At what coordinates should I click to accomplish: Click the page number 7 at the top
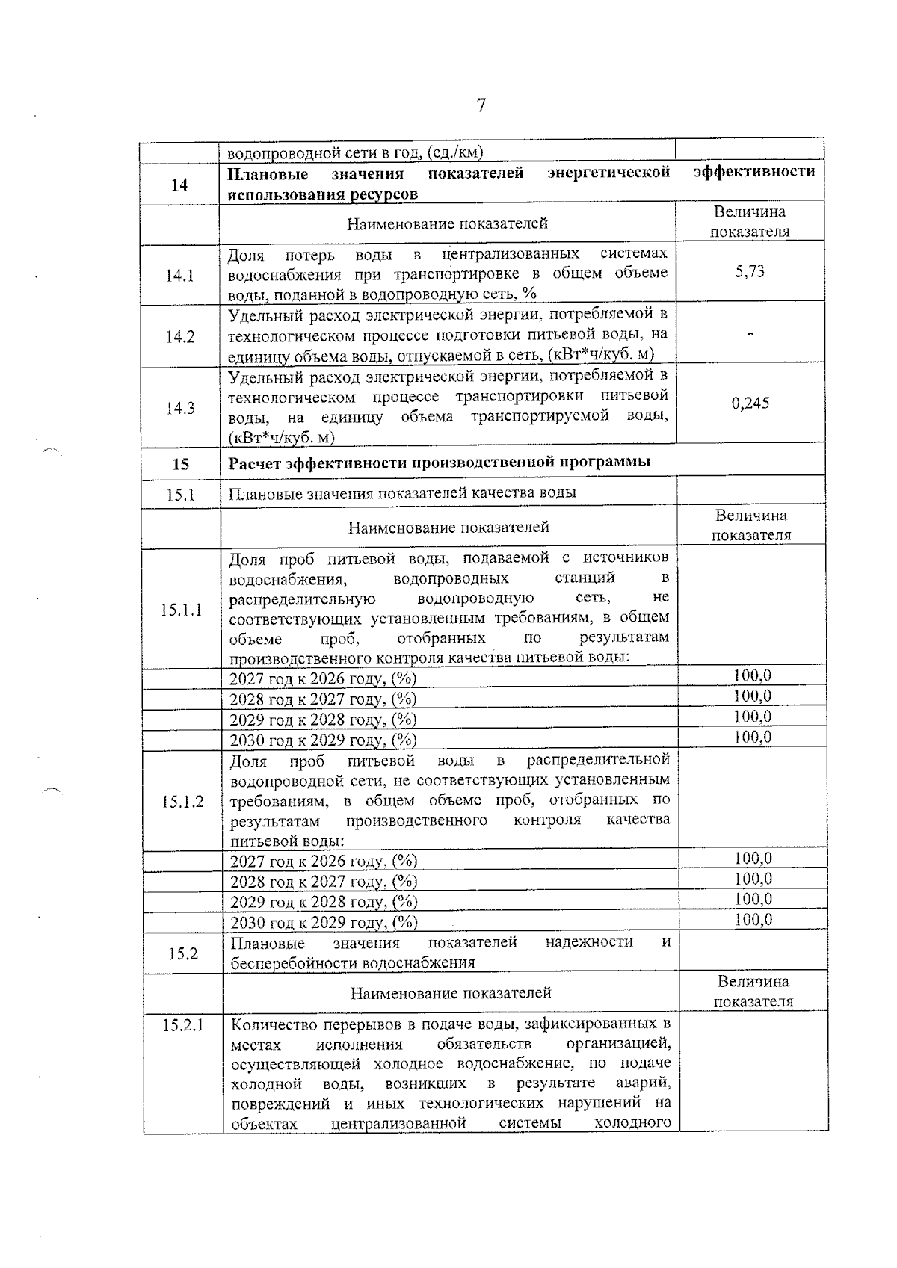[481, 105]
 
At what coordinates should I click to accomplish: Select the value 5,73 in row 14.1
[750, 272]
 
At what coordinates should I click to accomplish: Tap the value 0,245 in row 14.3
[750, 403]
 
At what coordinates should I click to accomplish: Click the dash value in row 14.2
[750, 333]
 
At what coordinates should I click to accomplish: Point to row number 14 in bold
[179, 185]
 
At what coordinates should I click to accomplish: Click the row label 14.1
[180, 276]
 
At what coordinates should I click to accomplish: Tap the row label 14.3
[180, 408]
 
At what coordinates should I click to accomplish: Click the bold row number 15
[181, 464]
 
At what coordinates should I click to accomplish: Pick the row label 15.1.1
[181, 610]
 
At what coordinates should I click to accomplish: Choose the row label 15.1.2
[182, 802]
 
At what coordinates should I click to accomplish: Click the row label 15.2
[182, 953]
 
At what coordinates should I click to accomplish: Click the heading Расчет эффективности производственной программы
[439, 462]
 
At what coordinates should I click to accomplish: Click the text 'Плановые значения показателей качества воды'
[401, 493]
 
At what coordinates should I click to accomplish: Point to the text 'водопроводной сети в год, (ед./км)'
[355, 153]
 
